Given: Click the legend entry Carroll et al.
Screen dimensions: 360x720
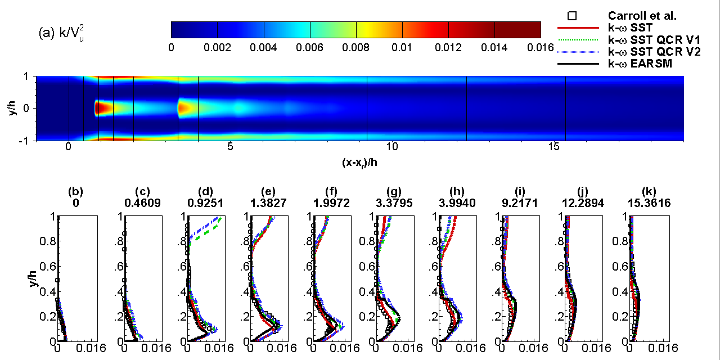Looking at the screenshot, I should pyautogui.click(x=643, y=16).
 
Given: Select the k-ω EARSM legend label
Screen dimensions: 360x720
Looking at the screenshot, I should pyautogui.click(x=640, y=64).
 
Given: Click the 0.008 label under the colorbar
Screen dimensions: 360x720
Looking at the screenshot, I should pyautogui.click(x=355, y=47).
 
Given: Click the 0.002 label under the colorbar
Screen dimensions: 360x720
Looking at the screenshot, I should pyautogui.click(x=217, y=47).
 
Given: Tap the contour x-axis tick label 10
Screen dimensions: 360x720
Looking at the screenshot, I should pyautogui.click(x=392, y=147).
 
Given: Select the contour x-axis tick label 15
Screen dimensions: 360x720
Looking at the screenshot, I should pyautogui.click(x=554, y=147).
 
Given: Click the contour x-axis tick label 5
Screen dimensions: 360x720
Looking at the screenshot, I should pyautogui.click(x=230, y=147).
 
